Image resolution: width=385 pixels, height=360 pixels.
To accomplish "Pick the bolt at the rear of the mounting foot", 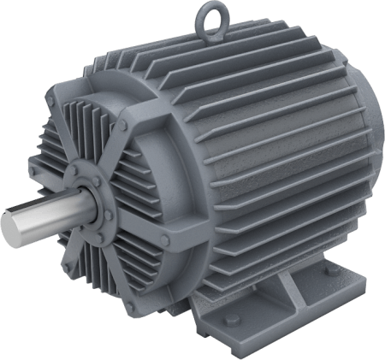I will click(331, 272).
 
